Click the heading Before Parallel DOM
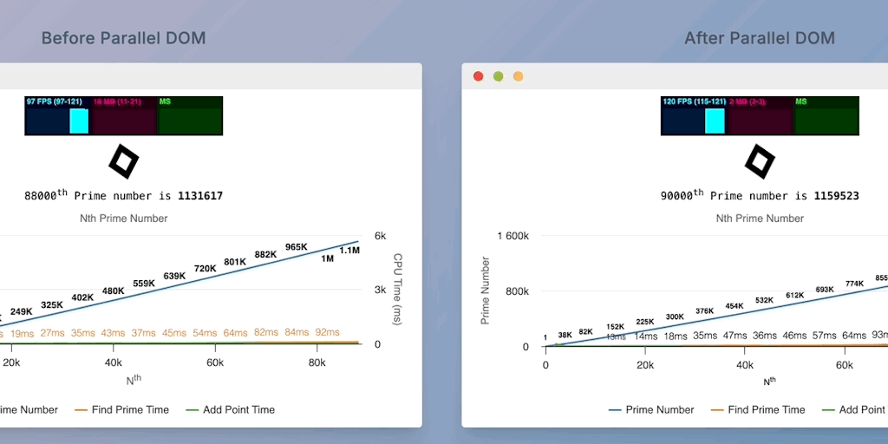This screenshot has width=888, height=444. [123, 38]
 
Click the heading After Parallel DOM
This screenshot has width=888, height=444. [759, 38]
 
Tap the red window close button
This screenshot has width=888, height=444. [478, 76]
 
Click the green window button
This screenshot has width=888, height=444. [498, 76]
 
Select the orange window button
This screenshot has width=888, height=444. [519, 76]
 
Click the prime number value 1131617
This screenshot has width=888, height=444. [200, 196]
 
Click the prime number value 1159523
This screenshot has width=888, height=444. [836, 196]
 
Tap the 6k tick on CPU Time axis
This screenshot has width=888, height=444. [380, 236]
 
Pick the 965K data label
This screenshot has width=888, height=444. [297, 247]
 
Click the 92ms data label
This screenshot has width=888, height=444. [327, 332]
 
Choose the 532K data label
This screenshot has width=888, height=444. [764, 300]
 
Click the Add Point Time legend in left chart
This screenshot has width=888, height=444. [238, 409]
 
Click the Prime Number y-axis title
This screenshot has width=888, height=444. [486, 291]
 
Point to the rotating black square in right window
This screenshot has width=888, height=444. [759, 161]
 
